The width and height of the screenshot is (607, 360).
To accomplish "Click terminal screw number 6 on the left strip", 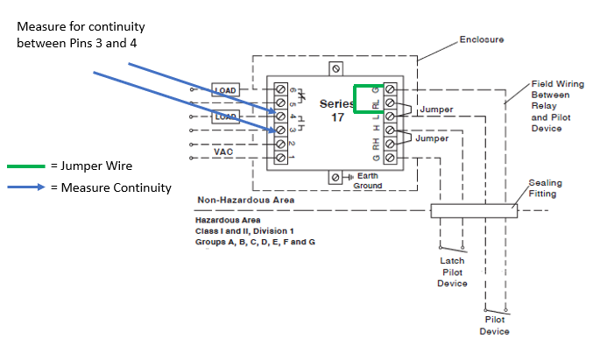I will [x=281, y=89].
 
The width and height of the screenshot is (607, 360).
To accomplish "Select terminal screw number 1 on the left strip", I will [x=281, y=158].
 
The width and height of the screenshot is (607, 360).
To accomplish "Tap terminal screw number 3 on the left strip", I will [x=281, y=131].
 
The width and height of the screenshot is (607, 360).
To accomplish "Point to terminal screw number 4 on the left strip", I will [x=281, y=116].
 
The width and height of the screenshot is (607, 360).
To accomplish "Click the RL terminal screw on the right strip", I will [x=389, y=103].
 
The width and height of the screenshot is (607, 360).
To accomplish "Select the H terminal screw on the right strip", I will [x=389, y=131].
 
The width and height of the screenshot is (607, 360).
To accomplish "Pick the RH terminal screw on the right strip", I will [x=389, y=145].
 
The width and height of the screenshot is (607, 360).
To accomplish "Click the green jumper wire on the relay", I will [x=355, y=99].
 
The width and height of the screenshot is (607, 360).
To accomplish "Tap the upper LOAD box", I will [x=226, y=90].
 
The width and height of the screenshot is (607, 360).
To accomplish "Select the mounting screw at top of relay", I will [x=335, y=67].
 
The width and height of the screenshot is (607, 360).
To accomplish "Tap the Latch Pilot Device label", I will [x=453, y=272].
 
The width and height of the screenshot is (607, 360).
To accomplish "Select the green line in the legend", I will [x=25, y=165].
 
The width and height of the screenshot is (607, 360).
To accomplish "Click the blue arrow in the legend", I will [x=25, y=187].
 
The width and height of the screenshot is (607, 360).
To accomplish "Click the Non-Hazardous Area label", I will [x=245, y=201].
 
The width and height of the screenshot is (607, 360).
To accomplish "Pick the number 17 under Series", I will [x=337, y=117].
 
